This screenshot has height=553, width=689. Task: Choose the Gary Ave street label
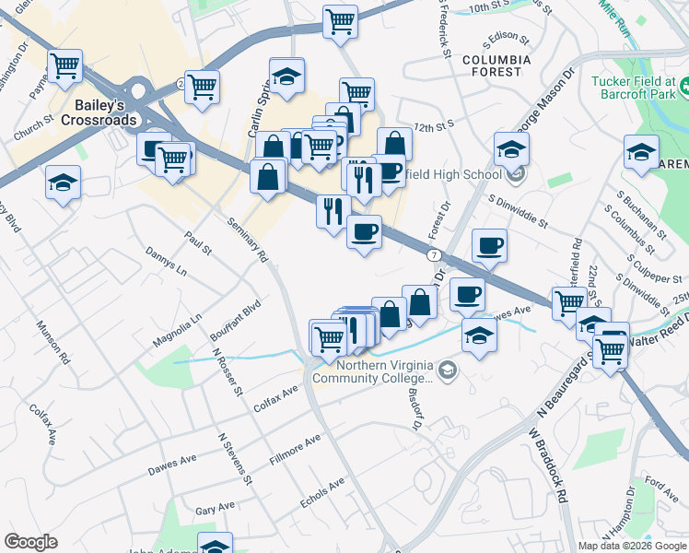coord(215,508)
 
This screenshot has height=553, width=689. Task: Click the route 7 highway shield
coord(432,253)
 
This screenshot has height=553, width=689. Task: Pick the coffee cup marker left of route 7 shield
coord(365,231)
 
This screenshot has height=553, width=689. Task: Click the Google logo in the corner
coord(31,542)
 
